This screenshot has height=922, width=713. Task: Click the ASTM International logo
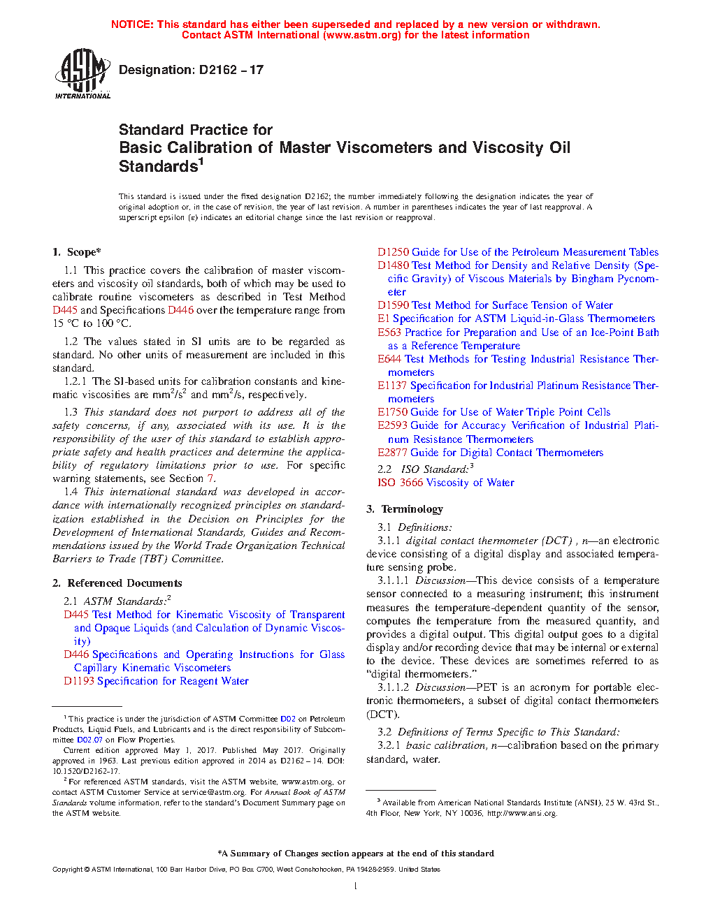82,74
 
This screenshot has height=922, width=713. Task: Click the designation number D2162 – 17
191,70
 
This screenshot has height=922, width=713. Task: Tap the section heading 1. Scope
77,252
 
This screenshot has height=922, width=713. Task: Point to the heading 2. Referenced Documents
117,583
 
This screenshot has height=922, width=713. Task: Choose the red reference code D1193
78,681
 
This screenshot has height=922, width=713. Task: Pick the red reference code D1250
393,252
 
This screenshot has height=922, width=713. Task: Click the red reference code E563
389,332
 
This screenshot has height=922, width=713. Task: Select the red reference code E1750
392,412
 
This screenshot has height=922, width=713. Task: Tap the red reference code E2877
392,453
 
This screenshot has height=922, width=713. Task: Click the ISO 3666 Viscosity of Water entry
446,483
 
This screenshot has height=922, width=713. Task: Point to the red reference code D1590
393,305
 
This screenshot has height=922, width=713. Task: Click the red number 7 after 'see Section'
210,478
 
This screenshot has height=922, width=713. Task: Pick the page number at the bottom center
356,886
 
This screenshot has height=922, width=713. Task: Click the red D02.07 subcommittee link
89,740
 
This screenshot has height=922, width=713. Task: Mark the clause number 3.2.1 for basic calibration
389,745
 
